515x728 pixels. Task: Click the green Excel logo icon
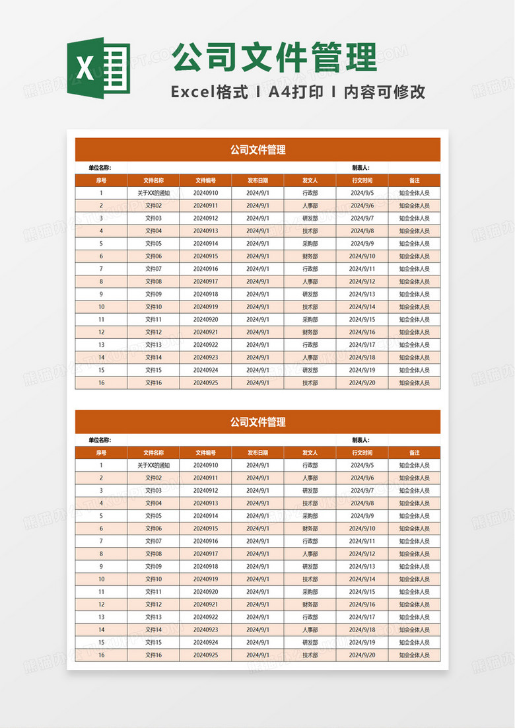(x=98, y=68)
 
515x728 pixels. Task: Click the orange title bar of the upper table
(x=257, y=149)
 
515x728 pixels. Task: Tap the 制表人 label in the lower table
(x=360, y=440)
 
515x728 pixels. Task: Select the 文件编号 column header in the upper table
(x=206, y=180)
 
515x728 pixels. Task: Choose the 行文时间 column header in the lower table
(x=362, y=453)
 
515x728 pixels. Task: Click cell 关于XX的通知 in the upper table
(x=153, y=193)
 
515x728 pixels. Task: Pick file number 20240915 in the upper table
(x=206, y=256)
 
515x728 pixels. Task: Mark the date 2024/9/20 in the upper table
(x=362, y=382)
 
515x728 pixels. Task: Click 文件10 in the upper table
(x=153, y=307)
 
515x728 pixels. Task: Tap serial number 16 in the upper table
(x=101, y=382)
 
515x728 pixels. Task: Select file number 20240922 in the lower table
(x=206, y=617)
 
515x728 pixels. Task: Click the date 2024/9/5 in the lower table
(x=362, y=465)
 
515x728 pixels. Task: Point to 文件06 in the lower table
(x=153, y=528)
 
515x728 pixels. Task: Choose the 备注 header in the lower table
(x=414, y=453)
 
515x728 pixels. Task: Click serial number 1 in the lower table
(x=101, y=465)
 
